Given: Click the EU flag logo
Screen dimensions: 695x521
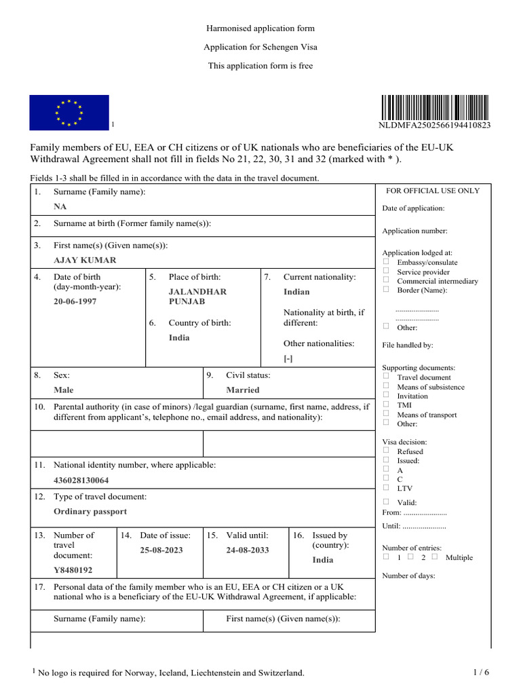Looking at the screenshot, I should pos(69,112).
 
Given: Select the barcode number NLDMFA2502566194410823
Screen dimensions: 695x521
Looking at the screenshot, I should pos(434,126).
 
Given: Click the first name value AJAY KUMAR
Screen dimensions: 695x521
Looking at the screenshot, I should pos(85,260).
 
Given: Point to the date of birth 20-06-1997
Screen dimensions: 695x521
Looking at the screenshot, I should pos(75,301).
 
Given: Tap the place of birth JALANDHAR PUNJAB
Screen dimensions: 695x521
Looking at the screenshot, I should pos(197,297).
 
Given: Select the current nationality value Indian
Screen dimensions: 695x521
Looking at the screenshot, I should pos(296,292).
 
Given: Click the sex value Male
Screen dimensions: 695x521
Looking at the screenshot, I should pos(64,390).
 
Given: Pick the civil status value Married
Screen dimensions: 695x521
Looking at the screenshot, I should pos(243,390).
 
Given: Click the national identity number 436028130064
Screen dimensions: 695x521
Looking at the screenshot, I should pos(81,480).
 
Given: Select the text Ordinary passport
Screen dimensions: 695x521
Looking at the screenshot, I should pos(90,512).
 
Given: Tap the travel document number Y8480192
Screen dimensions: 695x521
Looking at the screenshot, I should pos(73,570).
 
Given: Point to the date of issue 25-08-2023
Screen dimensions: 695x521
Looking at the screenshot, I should pos(161,550).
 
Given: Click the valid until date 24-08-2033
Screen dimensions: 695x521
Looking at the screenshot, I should pos(248,550).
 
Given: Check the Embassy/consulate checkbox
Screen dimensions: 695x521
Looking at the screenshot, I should pos(386,261).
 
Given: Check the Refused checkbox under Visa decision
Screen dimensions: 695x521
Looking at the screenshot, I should pos(386,450).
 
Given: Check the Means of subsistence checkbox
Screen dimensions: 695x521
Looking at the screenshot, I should pos(386,386).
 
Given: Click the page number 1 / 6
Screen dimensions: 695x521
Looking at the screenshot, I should pos(480,672).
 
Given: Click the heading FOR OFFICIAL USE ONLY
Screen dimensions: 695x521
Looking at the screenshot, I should pos(433,191).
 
